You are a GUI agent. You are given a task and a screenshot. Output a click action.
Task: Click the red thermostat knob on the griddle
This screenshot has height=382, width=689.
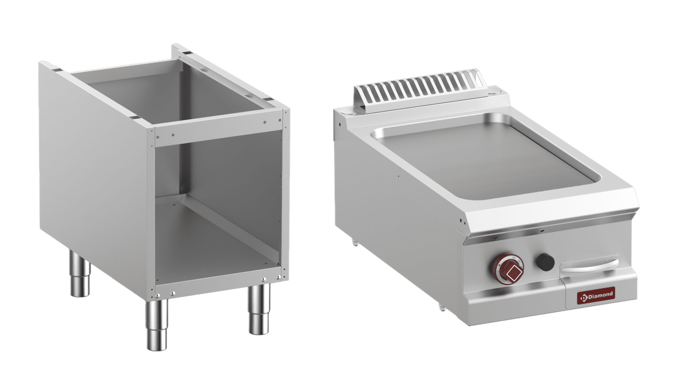point(507,268)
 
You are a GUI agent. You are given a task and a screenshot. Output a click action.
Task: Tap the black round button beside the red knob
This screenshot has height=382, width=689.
point(545,262)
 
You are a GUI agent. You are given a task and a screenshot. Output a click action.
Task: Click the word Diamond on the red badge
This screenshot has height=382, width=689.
point(600,295)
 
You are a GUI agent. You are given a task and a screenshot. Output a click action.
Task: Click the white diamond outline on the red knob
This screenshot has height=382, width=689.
point(512,273)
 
